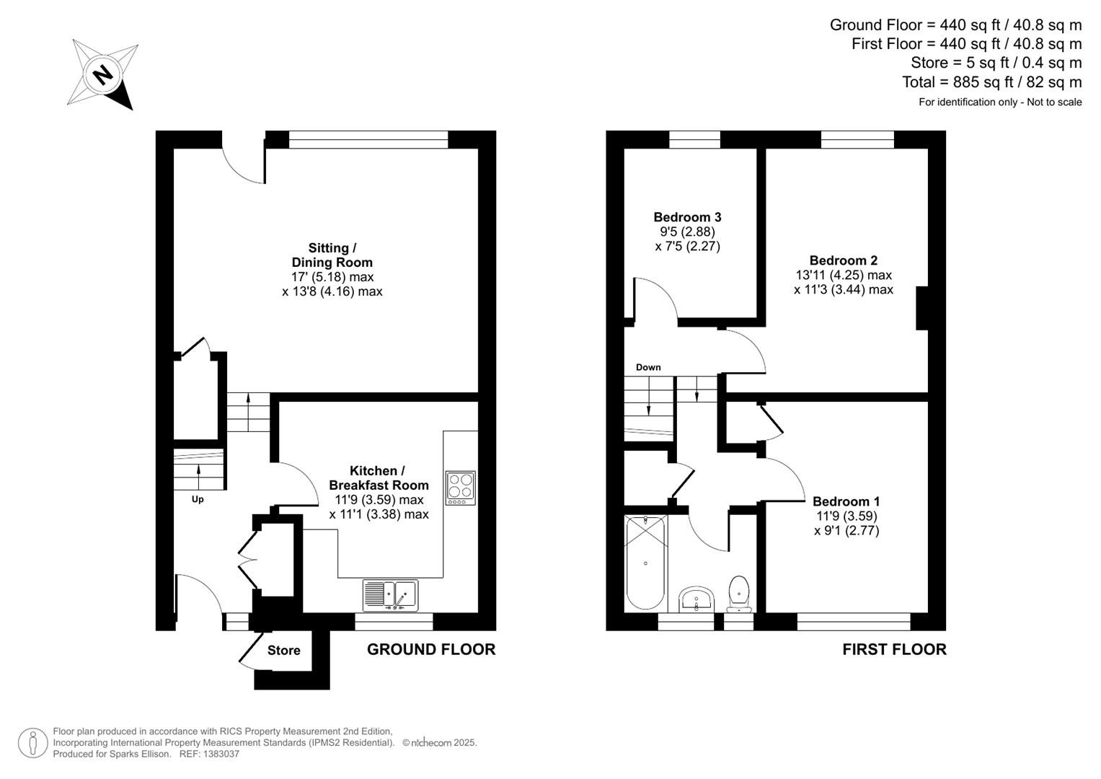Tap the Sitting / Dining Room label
332,255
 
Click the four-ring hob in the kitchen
461,488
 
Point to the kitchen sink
390,595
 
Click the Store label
284,651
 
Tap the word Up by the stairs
198,499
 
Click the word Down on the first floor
648,367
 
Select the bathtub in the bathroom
645,562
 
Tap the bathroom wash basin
696,598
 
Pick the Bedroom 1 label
846,501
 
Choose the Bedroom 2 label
844,260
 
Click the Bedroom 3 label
687,217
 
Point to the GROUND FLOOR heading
431,649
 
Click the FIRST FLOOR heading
894,649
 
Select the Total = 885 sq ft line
991,82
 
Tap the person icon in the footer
32,743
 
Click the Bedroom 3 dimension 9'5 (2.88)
687,232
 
